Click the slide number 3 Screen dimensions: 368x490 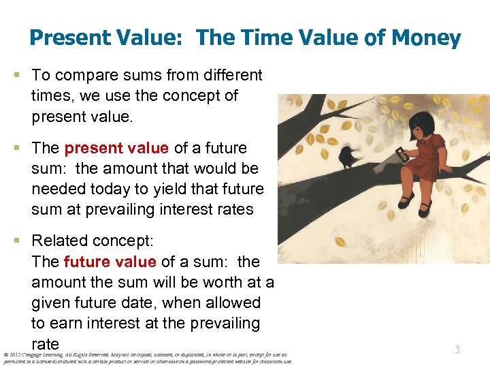tap(457, 349)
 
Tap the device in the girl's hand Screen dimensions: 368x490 tap(404, 155)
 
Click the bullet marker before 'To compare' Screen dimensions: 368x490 tap(22, 74)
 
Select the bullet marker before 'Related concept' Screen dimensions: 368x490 tap(22, 241)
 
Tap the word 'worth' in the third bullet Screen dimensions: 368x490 tap(208, 281)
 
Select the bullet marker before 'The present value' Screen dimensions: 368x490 tap(22, 148)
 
